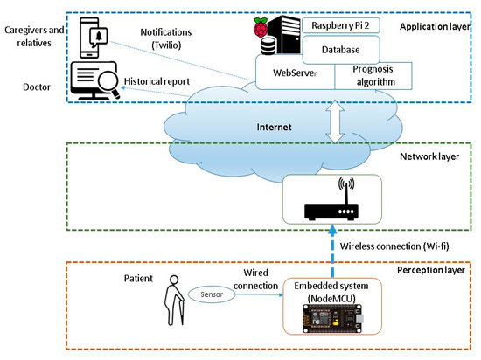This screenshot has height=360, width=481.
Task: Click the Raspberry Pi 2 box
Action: point(342,27)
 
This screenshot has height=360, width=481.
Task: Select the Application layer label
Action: point(433,27)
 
